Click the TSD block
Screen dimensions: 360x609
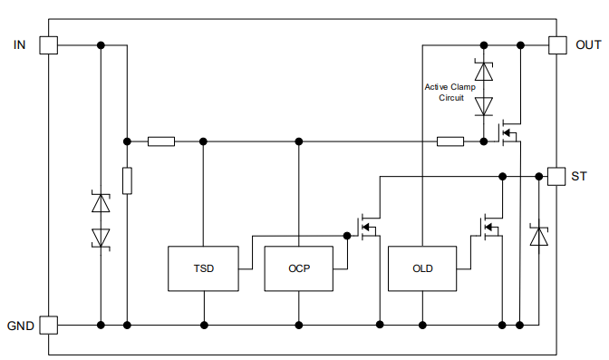point(204,268)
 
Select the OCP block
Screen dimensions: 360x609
point(298,268)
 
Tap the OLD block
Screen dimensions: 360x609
point(422,268)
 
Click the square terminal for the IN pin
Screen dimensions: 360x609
point(48,44)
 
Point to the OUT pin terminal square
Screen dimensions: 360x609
point(557,44)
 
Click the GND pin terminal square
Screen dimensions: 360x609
point(48,324)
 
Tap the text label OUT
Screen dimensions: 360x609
point(588,44)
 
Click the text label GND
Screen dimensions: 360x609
point(21,325)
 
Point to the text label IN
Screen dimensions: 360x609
point(20,44)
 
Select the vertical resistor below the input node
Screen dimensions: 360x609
point(127,180)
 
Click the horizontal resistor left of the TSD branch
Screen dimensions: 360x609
point(161,141)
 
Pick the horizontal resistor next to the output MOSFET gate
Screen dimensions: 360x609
point(450,141)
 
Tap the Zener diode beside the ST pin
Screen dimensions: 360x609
point(539,237)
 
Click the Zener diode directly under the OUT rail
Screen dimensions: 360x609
point(484,70)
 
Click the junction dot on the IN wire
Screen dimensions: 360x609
point(101,44)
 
